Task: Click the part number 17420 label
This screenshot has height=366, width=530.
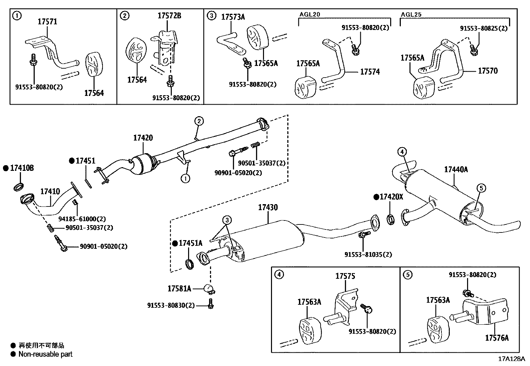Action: [143, 138]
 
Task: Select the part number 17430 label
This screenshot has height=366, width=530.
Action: [268, 207]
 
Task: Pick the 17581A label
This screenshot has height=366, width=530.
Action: [179, 288]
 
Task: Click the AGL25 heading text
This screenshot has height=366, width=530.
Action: [411, 15]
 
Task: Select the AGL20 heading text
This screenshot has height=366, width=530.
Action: [309, 15]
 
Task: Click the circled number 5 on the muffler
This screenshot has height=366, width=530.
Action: [481, 188]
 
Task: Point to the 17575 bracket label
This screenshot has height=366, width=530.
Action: [345, 276]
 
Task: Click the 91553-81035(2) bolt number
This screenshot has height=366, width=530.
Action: [368, 255]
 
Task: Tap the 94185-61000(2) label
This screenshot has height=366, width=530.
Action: [82, 219]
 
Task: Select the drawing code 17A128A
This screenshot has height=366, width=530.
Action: [511, 359]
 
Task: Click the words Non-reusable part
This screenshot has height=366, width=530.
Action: [45, 354]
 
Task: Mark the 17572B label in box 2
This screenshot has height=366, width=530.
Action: [169, 16]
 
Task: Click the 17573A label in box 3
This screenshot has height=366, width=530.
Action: [233, 17]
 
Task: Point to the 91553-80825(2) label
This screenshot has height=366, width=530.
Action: [483, 28]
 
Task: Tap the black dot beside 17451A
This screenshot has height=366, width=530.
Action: [175, 243]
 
